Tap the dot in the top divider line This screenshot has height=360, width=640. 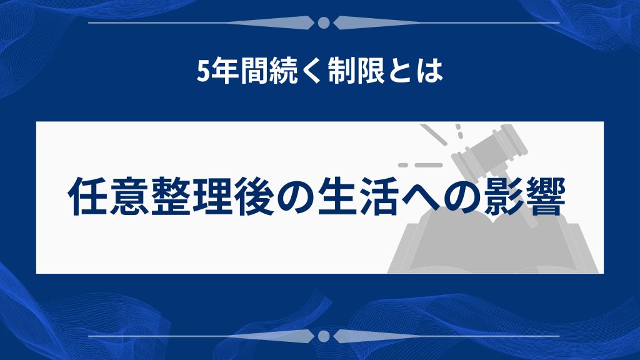coord(324,23)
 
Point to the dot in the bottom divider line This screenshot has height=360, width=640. coord(324,336)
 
